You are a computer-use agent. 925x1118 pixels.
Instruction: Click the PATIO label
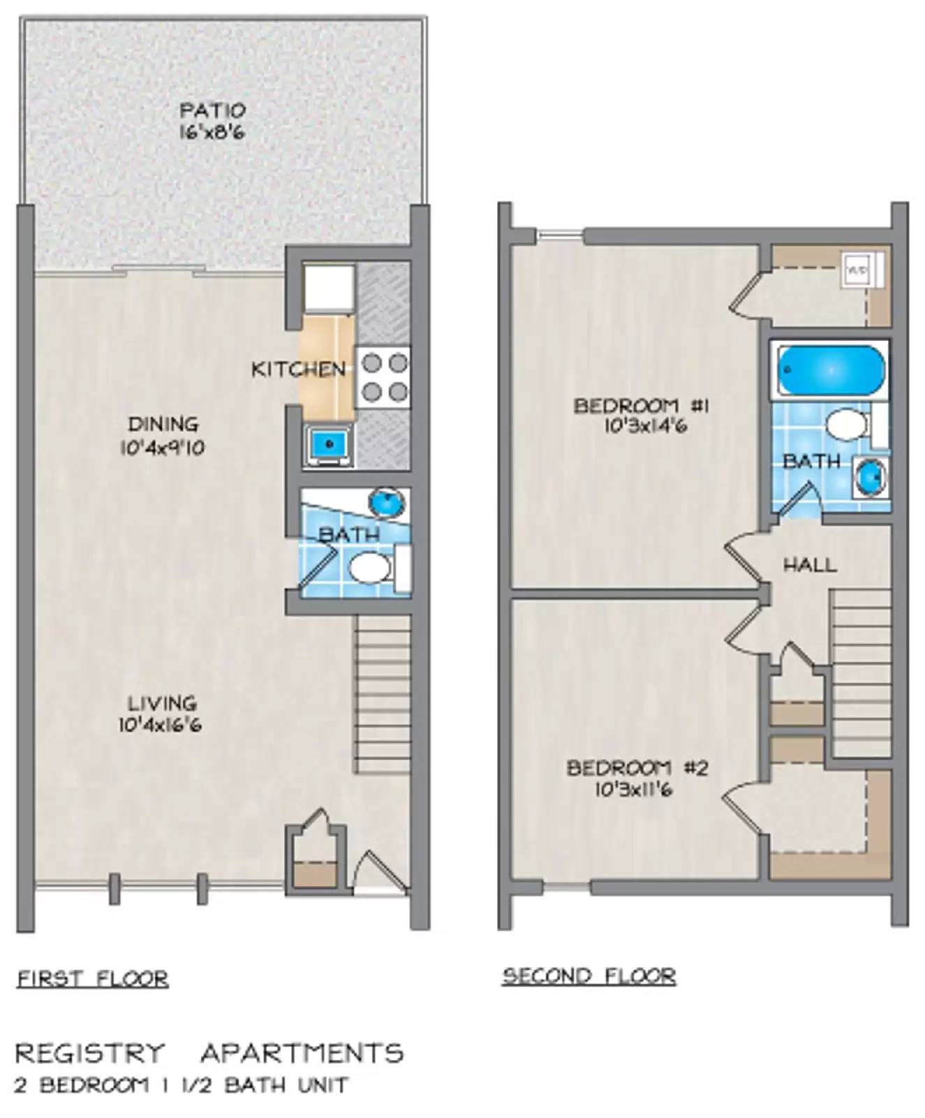tap(212, 110)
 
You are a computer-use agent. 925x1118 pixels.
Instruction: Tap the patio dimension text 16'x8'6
tap(212, 132)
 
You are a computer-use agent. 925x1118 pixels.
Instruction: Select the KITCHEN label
tap(298, 369)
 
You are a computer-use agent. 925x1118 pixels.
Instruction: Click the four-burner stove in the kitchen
tap(383, 377)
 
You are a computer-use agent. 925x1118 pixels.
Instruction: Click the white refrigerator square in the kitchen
tap(328, 287)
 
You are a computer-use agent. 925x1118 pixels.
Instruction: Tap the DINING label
tap(163, 424)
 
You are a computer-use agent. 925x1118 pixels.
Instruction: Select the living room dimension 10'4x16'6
tap(160, 725)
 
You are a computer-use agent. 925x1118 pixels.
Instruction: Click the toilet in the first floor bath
tap(370, 568)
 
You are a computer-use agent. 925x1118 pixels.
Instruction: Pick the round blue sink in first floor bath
tap(386, 501)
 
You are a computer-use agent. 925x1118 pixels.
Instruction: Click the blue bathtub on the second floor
tap(830, 370)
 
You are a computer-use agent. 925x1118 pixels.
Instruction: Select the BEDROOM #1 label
tap(641, 405)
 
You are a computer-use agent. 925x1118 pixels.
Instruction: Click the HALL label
tap(809, 565)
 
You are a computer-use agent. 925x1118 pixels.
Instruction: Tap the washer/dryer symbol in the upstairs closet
tap(857, 269)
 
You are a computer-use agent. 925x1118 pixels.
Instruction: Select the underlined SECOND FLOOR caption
tap(589, 975)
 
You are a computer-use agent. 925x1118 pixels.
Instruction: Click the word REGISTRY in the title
tap(90, 1053)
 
